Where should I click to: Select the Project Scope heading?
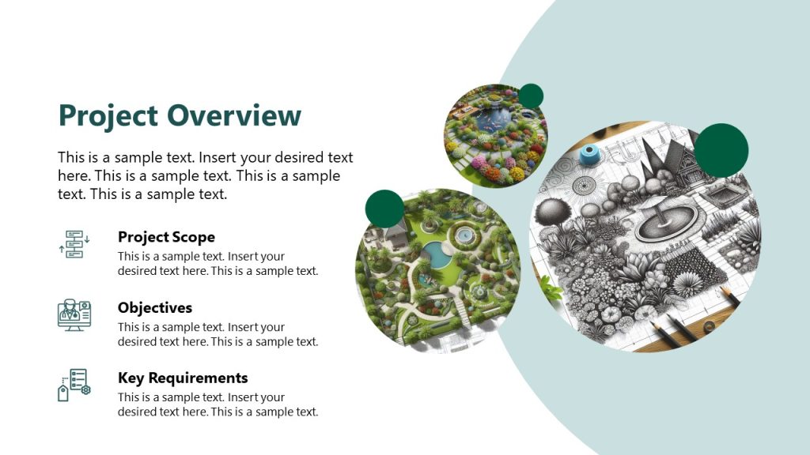166,237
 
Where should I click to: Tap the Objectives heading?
155,307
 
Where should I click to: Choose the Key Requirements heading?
183,378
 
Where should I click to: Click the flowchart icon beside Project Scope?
74,244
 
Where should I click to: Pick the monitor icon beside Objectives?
74,314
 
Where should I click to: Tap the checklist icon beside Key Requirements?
74,385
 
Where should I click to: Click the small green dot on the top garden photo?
531,96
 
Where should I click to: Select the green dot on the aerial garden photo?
384,209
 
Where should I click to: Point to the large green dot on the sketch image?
721,150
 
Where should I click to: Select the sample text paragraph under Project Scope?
218,264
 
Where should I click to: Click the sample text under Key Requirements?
218,404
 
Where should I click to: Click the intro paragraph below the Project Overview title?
206,175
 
